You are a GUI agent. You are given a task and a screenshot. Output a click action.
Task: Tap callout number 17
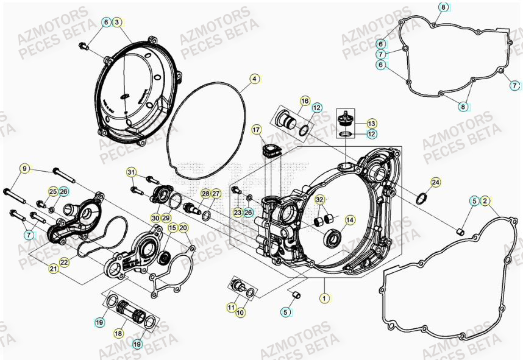point(256,130)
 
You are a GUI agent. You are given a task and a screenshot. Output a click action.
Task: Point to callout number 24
point(435,182)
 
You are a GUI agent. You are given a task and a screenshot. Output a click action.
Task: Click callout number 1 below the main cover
point(325,298)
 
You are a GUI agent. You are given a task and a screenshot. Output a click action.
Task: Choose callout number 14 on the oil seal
point(349,220)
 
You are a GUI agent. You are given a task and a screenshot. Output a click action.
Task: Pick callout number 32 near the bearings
point(320,200)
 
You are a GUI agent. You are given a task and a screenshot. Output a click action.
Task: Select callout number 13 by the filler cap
point(371,122)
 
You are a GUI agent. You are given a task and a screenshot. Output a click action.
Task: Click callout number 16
point(305,101)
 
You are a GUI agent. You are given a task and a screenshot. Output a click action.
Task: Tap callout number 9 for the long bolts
point(25,169)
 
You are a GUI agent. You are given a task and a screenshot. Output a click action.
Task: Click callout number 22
point(64,261)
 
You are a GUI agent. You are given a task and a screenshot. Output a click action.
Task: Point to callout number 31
point(131,172)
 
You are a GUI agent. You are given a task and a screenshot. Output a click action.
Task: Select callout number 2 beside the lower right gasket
point(485,200)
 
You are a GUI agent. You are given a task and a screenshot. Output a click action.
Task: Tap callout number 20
point(183,228)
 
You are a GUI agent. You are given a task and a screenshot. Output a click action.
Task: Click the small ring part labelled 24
point(421,198)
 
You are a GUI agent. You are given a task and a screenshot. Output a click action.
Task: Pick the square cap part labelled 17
point(269,150)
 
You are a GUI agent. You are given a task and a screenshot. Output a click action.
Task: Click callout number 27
point(216,194)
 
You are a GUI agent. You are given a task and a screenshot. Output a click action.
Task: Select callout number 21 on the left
point(54,269)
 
